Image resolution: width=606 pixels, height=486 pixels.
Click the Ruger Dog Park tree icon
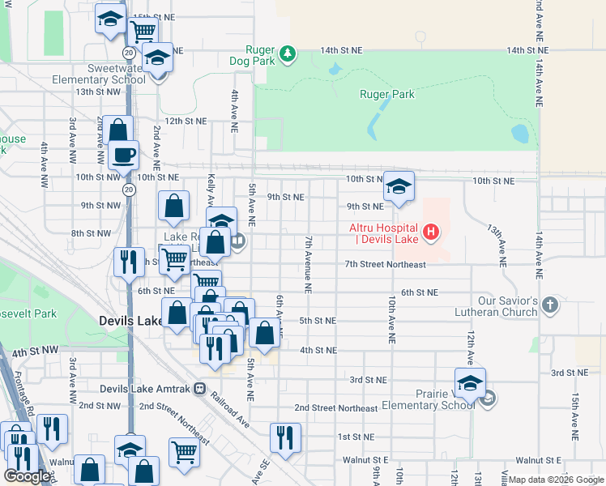click(x=288, y=54)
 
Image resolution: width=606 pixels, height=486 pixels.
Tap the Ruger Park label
click(x=387, y=94)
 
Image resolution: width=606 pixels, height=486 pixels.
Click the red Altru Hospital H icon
click(x=431, y=233)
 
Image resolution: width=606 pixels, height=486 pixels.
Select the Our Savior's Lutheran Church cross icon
click(x=550, y=305)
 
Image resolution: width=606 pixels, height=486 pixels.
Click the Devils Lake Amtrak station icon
click(x=199, y=389)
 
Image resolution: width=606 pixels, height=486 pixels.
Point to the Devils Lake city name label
click(x=131, y=321)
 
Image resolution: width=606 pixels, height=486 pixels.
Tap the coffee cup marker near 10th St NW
click(x=123, y=154)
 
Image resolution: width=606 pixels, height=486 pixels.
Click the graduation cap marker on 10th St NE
click(x=398, y=185)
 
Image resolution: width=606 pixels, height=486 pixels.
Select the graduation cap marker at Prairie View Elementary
click(x=469, y=383)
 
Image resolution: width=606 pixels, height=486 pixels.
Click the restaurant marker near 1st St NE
click(x=284, y=437)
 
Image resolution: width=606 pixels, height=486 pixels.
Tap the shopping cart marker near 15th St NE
click(x=143, y=32)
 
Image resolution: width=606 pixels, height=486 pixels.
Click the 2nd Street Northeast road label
click(x=335, y=408)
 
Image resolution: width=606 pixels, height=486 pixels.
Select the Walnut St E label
click(x=365, y=459)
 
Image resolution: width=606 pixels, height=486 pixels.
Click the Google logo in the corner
click(x=27, y=476)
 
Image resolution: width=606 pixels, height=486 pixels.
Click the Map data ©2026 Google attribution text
click(x=556, y=480)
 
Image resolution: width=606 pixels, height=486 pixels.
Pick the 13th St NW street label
click(x=97, y=92)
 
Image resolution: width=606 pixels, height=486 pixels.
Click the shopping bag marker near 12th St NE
click(x=118, y=130)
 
